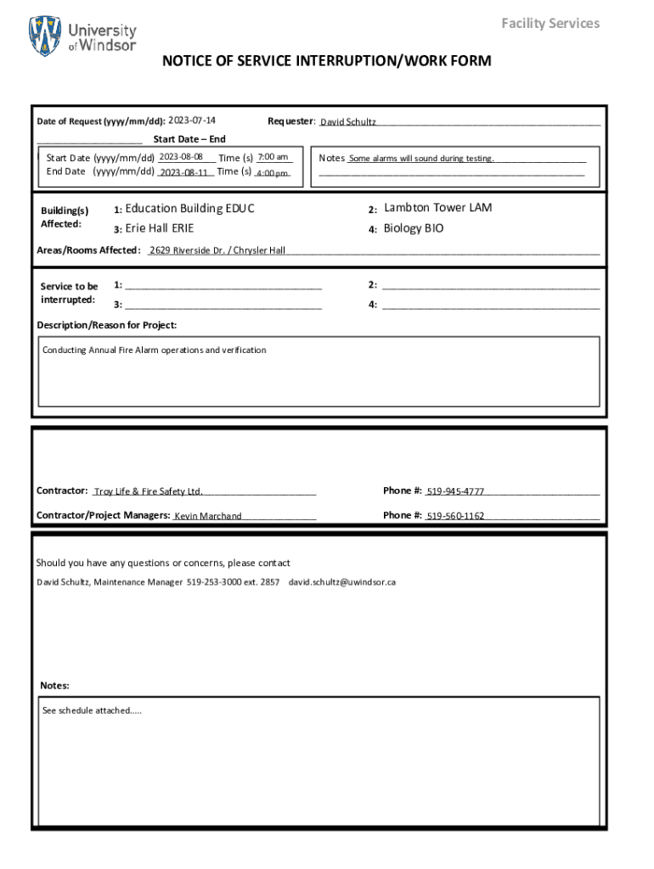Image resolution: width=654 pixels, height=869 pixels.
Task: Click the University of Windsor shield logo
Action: click(x=45, y=36)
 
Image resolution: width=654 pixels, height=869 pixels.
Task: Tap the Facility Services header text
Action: click(x=550, y=23)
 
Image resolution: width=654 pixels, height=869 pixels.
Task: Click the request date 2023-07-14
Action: click(x=192, y=121)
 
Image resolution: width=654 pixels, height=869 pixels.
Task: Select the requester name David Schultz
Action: click(x=347, y=122)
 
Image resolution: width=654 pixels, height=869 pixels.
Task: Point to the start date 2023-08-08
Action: click(x=180, y=157)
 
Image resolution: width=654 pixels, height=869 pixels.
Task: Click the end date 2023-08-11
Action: click(x=184, y=172)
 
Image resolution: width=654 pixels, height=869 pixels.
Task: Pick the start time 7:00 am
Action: click(x=273, y=157)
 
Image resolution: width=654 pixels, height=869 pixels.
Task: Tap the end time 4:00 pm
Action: click(x=273, y=173)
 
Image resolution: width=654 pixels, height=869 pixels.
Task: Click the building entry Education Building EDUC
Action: click(x=189, y=209)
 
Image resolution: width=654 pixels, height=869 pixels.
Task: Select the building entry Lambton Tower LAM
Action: click(x=437, y=208)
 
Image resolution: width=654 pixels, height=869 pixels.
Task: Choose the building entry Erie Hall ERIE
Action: click(x=159, y=228)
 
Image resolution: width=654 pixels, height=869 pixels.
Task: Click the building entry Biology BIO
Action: click(x=414, y=228)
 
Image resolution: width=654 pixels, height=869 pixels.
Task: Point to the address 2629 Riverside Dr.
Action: click(x=189, y=250)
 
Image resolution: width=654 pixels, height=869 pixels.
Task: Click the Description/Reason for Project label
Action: click(x=107, y=325)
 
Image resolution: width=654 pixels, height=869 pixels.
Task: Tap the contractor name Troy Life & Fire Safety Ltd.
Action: click(x=149, y=491)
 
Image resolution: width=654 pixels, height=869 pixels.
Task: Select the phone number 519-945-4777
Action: click(x=455, y=491)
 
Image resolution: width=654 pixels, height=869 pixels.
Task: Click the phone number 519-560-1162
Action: click(x=455, y=516)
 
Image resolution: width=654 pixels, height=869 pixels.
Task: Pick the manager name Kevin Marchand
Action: click(x=208, y=516)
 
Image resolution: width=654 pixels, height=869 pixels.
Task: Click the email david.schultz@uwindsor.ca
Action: click(x=342, y=582)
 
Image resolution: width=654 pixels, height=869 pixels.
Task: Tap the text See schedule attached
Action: click(x=92, y=710)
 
